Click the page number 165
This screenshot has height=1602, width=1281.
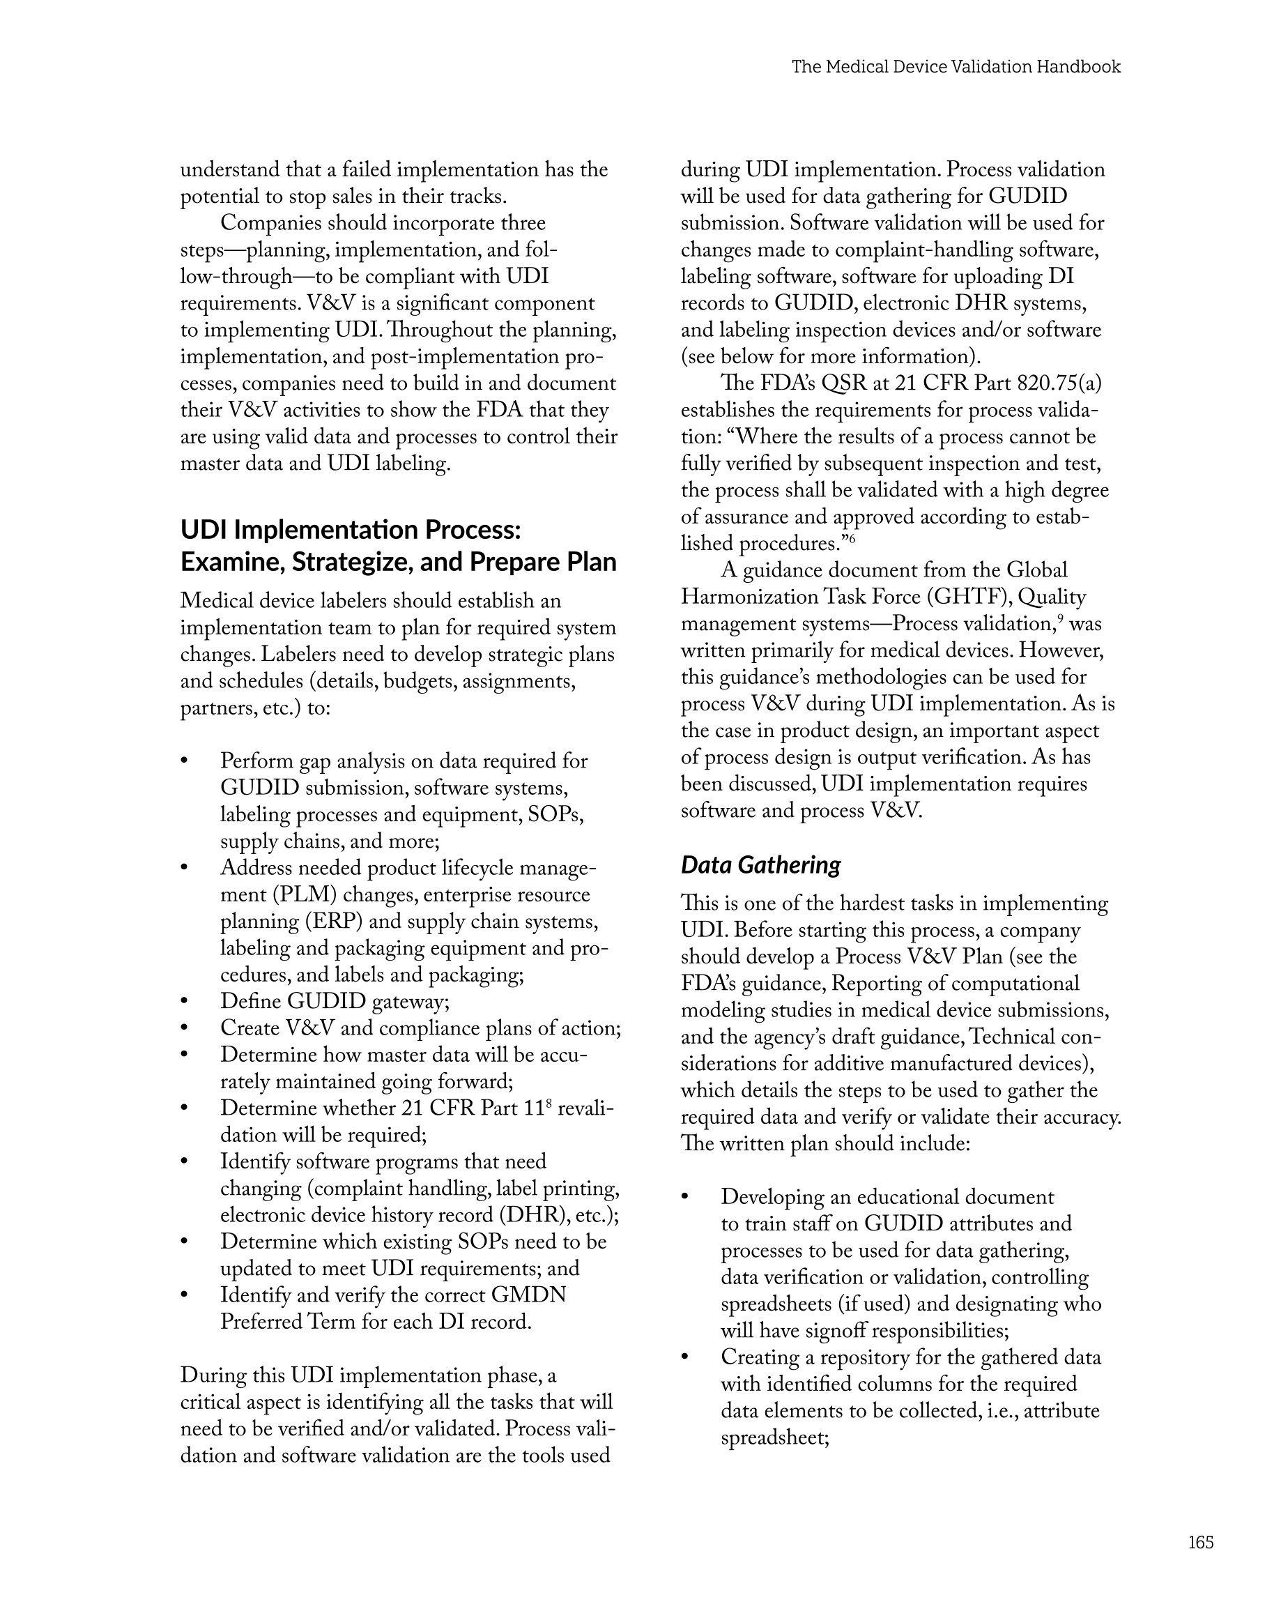(1200, 1542)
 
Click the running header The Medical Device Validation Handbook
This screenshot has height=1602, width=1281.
(956, 67)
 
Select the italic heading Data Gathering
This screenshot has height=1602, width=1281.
(760, 865)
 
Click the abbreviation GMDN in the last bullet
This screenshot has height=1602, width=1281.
(528, 1295)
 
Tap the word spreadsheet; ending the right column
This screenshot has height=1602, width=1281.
(774, 1437)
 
